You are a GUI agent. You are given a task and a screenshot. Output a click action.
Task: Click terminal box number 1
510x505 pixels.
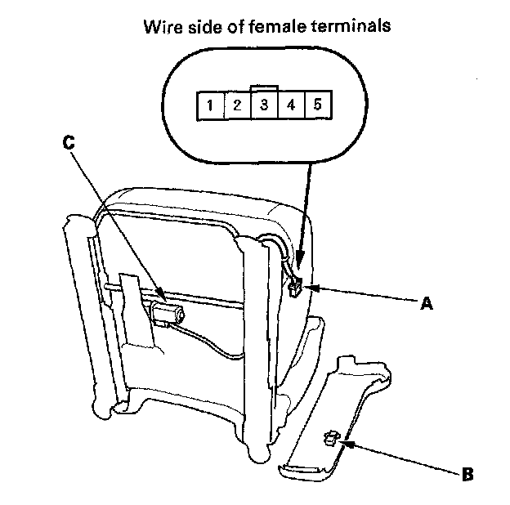210,105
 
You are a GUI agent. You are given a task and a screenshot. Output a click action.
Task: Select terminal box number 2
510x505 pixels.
236,105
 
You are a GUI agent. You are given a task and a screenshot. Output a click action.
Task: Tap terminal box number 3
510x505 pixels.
263,105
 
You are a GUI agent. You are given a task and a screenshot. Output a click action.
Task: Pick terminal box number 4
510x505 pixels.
290,105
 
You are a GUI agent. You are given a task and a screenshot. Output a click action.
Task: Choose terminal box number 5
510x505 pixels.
316,105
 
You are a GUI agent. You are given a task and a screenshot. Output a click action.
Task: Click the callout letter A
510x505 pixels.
424,303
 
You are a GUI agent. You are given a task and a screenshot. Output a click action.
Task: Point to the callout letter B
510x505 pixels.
467,472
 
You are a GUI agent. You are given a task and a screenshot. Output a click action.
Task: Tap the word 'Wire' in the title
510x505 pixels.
161,25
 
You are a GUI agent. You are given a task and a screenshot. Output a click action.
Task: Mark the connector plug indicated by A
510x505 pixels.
294,285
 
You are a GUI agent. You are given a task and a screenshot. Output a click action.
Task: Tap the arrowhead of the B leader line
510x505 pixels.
343,442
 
